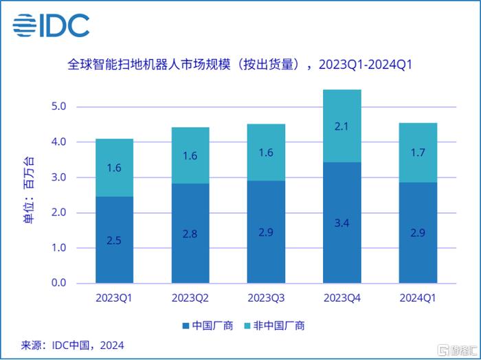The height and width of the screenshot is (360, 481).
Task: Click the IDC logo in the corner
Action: pyautogui.click(x=51, y=25)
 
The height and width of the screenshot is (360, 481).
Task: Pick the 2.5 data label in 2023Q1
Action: pyautogui.click(x=115, y=240)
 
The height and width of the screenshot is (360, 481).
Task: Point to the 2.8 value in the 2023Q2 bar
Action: pyautogui.click(x=190, y=234)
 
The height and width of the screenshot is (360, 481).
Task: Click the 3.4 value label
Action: pyautogui.click(x=342, y=223)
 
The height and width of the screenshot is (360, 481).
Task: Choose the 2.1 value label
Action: pyautogui.click(x=342, y=126)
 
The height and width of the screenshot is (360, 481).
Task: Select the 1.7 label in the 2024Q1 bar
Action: pyautogui.click(x=418, y=153)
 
